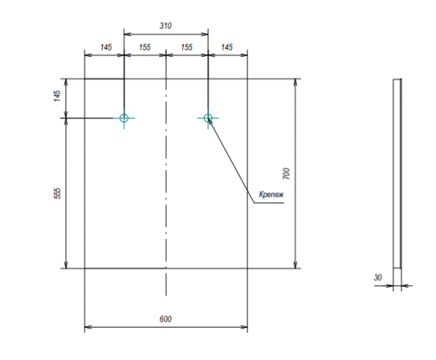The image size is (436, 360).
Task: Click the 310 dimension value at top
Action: (166, 26)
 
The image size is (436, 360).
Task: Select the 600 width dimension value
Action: (166, 319)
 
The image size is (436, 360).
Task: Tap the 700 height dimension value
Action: (286, 173)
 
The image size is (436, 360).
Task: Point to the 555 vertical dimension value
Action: (58, 194)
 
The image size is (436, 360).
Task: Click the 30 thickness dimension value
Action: (378, 277)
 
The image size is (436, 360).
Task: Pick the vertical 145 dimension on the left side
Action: (58, 96)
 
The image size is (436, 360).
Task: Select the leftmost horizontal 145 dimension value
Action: (106, 47)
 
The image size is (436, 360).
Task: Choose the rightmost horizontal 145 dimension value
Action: (227, 47)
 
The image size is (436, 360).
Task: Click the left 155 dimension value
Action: (145, 47)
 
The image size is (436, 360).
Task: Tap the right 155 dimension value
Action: (187, 47)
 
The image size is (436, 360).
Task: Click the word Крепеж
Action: (271, 194)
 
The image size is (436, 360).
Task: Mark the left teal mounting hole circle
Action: (124, 114)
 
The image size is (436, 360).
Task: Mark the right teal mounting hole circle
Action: (208, 114)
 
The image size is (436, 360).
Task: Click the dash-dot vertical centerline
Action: (166, 173)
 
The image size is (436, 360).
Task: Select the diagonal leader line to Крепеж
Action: (231, 160)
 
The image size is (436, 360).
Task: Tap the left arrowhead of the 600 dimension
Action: (88, 327)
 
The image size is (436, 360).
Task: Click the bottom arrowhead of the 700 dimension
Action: (296, 265)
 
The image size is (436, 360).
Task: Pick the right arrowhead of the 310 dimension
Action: (205, 34)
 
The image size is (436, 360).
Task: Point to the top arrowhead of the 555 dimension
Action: (66, 122)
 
